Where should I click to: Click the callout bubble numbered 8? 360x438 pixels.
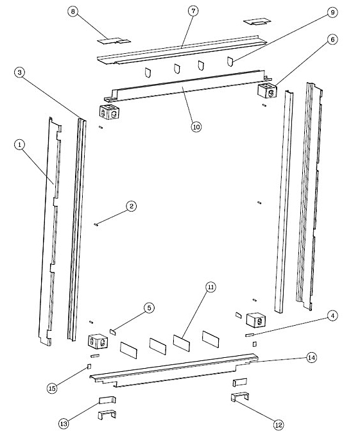(x=73, y=12)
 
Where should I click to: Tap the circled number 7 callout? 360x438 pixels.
(x=193, y=11)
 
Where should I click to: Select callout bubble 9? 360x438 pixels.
(x=332, y=12)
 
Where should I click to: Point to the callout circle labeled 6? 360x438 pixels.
(x=332, y=40)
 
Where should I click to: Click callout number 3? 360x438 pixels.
(x=19, y=72)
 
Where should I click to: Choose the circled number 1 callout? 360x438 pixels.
(x=19, y=145)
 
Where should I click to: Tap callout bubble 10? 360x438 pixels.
(x=196, y=126)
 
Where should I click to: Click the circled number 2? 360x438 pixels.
(x=131, y=206)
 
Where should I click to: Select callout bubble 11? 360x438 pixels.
(x=210, y=287)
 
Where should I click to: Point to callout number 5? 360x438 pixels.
(x=149, y=308)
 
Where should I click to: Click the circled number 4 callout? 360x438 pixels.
(x=332, y=316)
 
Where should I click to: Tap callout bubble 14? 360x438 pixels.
(x=312, y=358)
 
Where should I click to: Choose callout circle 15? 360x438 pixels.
(x=52, y=388)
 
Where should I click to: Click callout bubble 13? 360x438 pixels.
(x=64, y=424)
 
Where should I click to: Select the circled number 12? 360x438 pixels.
(x=279, y=425)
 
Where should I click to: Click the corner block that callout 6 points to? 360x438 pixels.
(x=268, y=90)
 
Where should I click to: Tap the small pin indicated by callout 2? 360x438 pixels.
(x=96, y=224)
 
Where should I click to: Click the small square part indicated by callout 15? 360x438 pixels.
(x=89, y=366)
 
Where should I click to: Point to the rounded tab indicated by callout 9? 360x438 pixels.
(x=230, y=62)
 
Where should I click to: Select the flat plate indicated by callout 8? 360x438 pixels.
(x=114, y=41)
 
